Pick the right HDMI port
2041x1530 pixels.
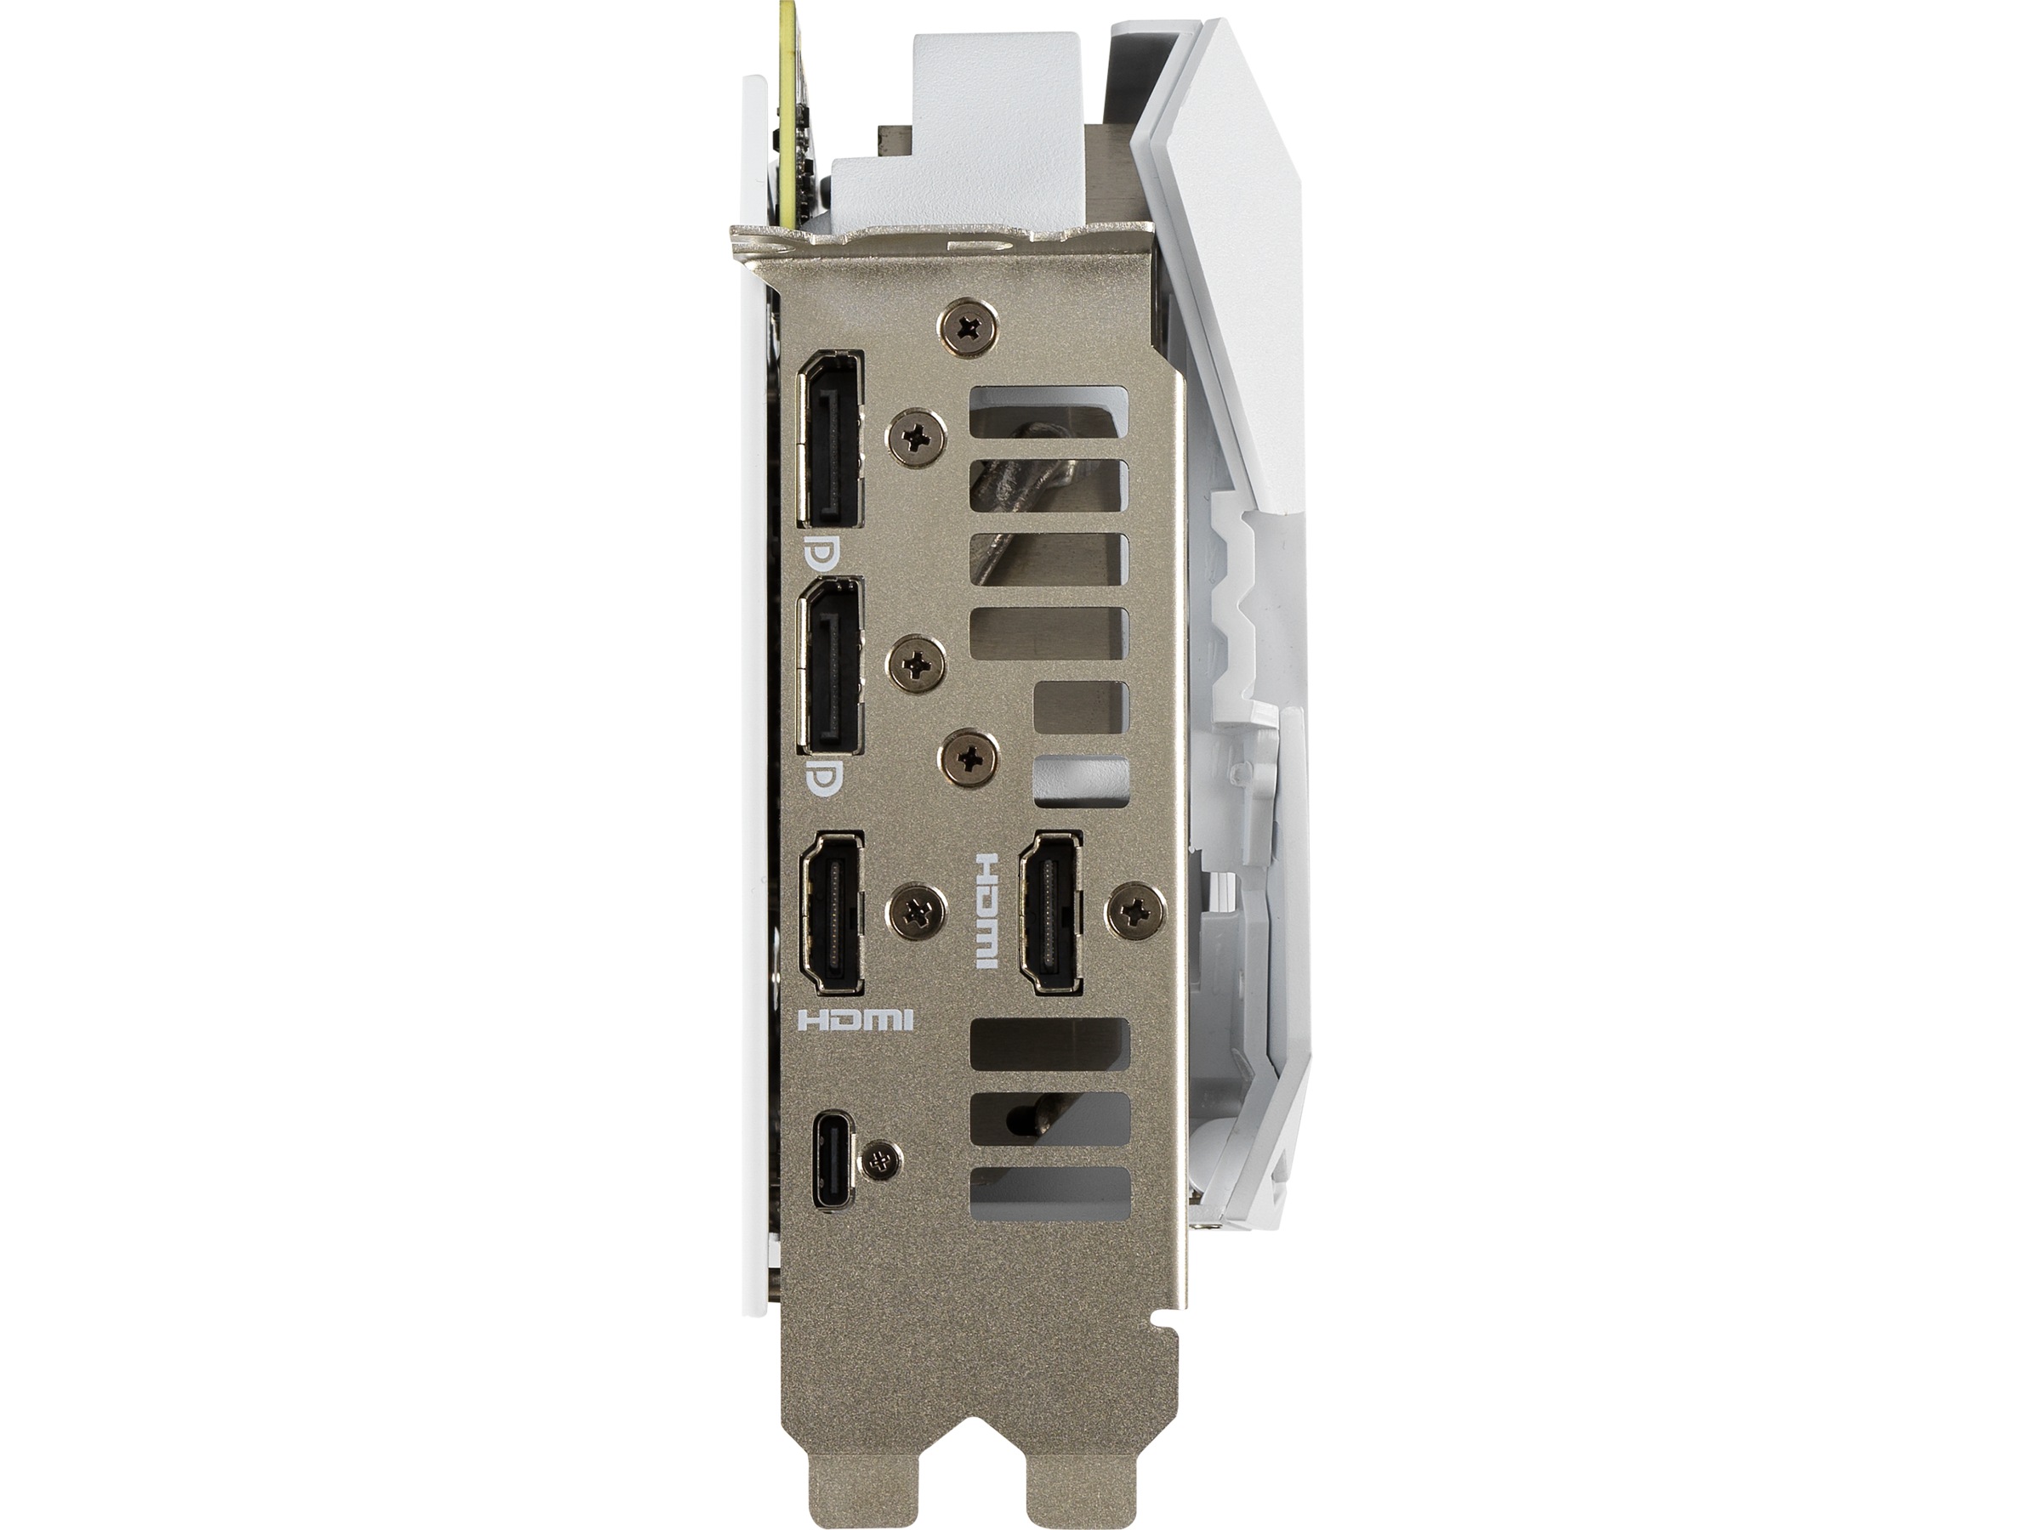tap(1051, 914)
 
